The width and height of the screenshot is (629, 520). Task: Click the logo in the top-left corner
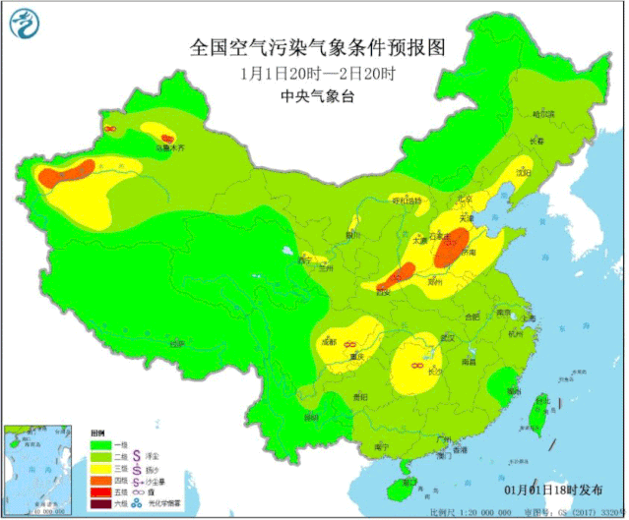(x=27, y=26)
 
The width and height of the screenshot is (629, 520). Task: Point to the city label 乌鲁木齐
(x=169, y=148)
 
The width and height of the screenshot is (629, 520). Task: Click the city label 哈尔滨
(x=543, y=114)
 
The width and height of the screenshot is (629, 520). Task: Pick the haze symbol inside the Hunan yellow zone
(x=417, y=367)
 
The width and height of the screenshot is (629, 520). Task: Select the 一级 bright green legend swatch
(x=98, y=444)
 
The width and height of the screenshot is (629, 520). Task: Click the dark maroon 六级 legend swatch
(x=98, y=503)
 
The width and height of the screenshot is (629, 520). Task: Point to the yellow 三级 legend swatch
(x=98, y=468)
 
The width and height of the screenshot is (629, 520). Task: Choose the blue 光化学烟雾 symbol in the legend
(x=125, y=503)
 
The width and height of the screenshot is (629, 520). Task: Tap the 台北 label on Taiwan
(x=540, y=401)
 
